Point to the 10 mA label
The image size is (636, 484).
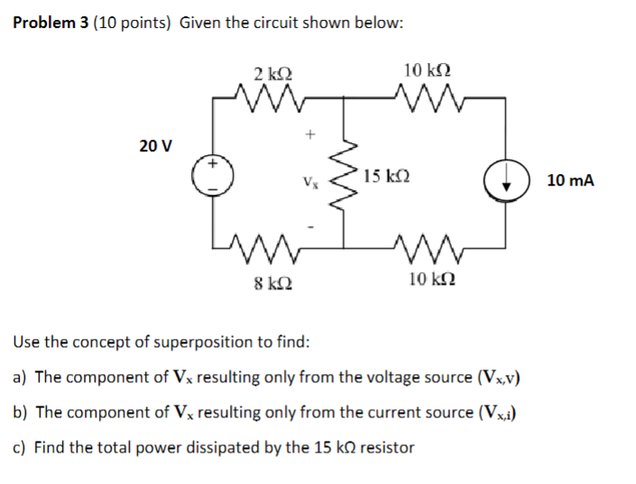pos(570,180)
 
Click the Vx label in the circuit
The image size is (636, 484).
pos(309,183)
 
